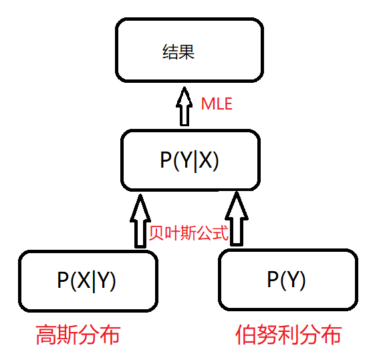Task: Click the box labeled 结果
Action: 188,51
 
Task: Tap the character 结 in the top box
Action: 170,52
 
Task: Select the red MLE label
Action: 217,104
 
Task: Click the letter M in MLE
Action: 207,104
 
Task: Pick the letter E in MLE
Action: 228,104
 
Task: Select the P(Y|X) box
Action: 190,160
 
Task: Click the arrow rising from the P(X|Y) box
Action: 140,220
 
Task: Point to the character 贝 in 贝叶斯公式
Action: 156,234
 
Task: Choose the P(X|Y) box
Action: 88,281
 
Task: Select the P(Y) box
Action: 287,280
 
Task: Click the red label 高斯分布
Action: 78,333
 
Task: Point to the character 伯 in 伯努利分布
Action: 247,333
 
